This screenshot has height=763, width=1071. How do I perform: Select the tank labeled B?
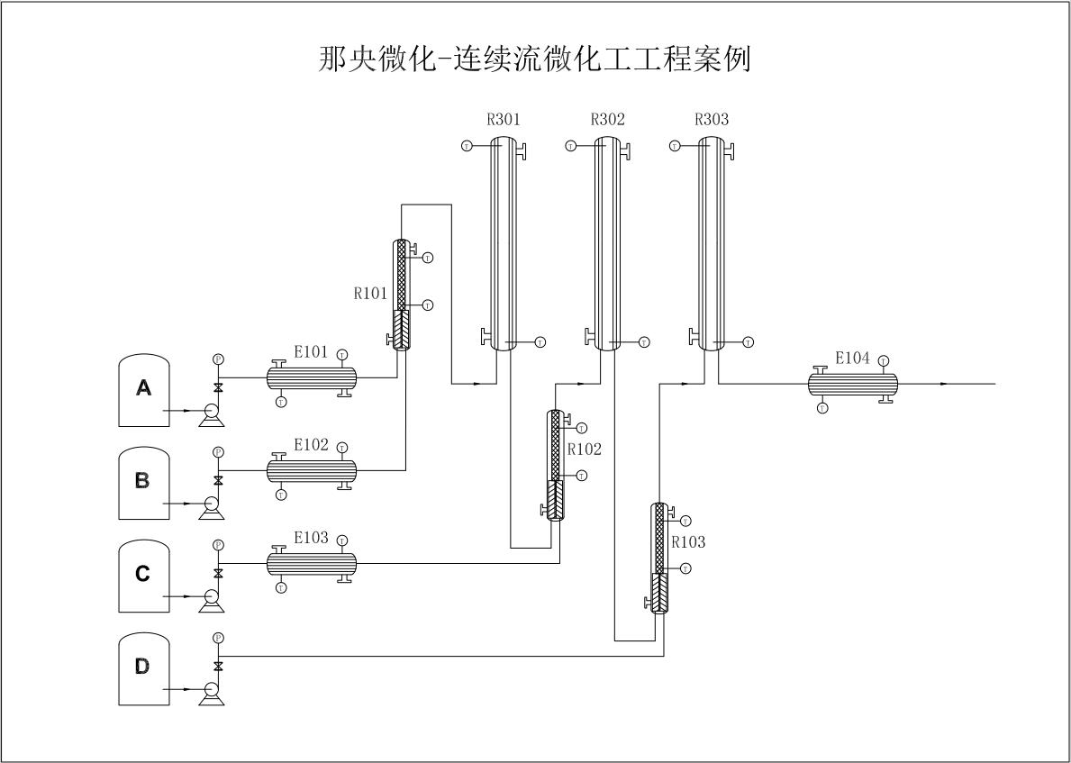[143, 482]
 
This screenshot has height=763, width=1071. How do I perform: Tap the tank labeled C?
[143, 575]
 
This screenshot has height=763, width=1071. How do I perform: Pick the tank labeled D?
[143, 668]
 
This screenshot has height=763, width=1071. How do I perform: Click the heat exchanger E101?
[312, 377]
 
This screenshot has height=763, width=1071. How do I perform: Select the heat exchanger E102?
[312, 470]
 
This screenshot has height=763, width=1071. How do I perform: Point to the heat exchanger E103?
[312, 564]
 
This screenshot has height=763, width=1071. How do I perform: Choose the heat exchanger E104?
[852, 384]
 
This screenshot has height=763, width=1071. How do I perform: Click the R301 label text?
[504, 119]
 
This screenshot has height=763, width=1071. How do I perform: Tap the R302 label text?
[607, 119]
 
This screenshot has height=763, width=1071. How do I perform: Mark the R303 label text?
[712, 119]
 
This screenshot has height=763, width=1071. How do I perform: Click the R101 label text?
[370, 293]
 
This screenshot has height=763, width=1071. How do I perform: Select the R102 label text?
[584, 449]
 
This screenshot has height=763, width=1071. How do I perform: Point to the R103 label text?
[688, 542]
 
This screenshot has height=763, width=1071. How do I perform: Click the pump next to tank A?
[213, 413]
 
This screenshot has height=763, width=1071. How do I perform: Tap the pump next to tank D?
[213, 691]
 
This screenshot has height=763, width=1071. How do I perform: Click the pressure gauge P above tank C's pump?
[218, 545]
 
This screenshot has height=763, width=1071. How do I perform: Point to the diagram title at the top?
[535, 59]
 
